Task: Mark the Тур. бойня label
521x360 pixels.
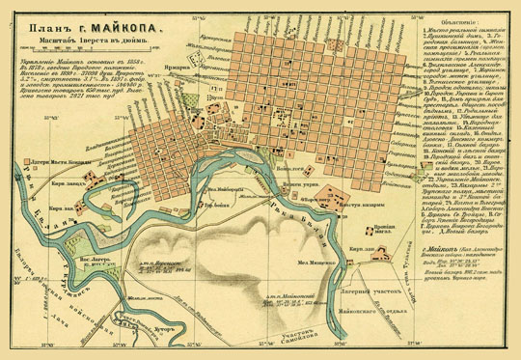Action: (x=214, y=206)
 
